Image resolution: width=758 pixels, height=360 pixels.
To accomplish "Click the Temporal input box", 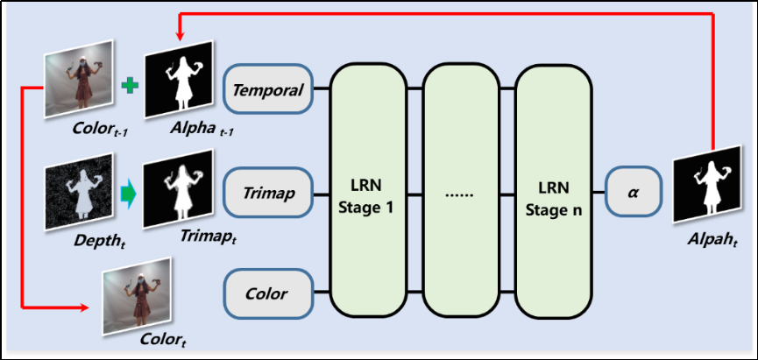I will tap(269, 89).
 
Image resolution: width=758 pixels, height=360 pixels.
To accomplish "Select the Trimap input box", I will tap(269, 191).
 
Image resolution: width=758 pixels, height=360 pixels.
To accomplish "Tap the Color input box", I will tap(269, 293).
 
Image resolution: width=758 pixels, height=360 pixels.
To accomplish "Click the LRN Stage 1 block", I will tap(367, 193).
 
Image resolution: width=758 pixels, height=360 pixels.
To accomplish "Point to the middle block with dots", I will tap(461, 193).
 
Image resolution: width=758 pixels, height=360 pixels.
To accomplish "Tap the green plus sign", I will tap(131, 86).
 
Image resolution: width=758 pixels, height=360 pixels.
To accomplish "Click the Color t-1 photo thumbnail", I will tap(81, 85).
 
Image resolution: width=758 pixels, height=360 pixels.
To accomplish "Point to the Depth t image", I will tap(80, 186).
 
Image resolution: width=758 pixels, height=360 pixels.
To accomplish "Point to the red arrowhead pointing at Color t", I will tap(86, 308).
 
